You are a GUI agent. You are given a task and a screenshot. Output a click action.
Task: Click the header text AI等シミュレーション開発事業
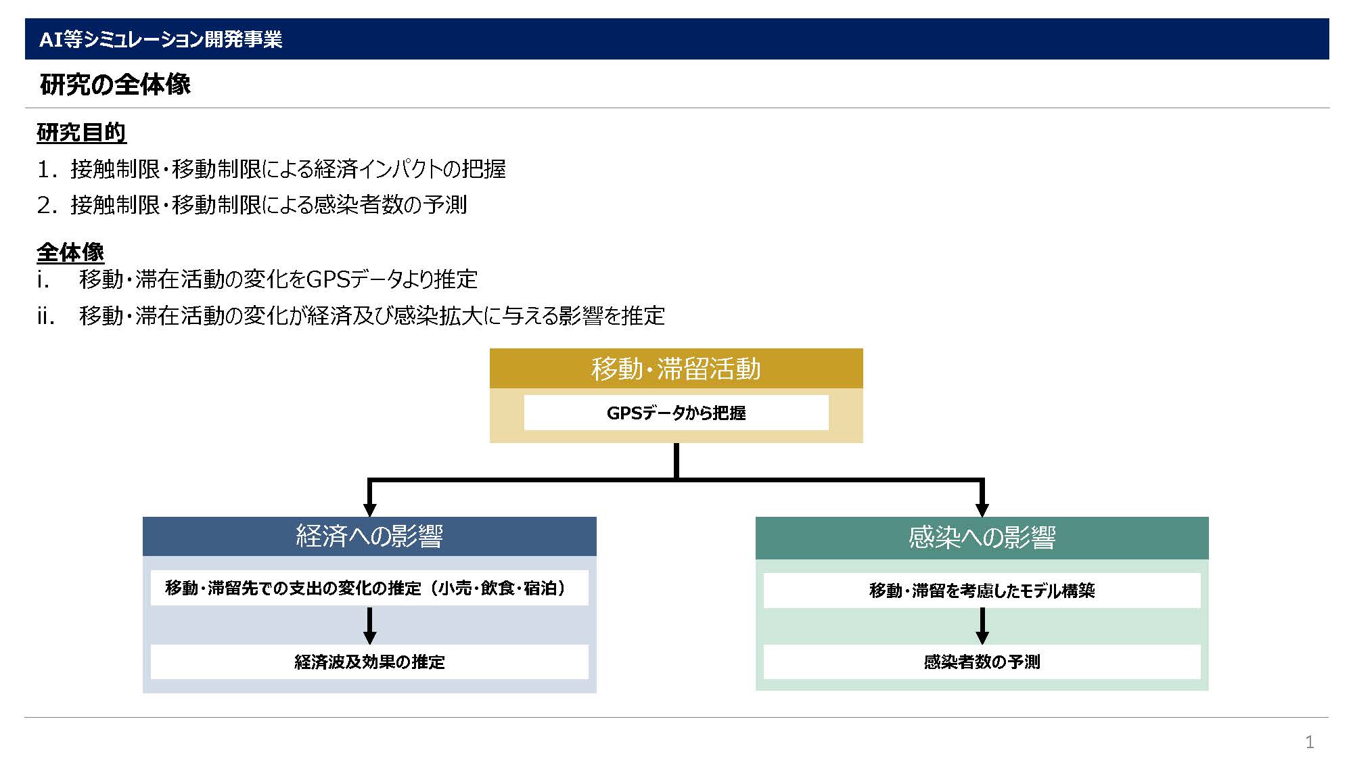pyautogui.click(x=161, y=39)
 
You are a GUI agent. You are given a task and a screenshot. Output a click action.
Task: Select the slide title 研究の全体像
pyautogui.click(x=115, y=85)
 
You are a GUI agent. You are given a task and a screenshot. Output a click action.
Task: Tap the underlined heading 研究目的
pyautogui.click(x=81, y=133)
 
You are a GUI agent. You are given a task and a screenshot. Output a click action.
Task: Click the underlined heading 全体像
pyautogui.click(x=70, y=252)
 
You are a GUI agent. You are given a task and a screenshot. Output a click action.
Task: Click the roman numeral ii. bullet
pyautogui.click(x=46, y=315)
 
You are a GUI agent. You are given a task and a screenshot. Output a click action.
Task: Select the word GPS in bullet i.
pyautogui.click(x=328, y=279)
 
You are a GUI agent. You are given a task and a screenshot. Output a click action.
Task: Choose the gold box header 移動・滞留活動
pyautogui.click(x=676, y=369)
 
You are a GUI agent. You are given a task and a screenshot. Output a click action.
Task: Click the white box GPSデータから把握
pyautogui.click(x=676, y=413)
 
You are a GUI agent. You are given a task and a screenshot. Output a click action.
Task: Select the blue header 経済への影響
pyautogui.click(x=369, y=536)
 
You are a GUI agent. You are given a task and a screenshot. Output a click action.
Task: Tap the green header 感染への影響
pyautogui.click(x=982, y=538)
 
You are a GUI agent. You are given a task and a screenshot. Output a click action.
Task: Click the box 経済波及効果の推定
pyautogui.click(x=369, y=662)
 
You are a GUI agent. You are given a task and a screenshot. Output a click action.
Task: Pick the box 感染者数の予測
pyautogui.click(x=982, y=662)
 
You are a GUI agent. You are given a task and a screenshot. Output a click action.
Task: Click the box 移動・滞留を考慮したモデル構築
pyautogui.click(x=982, y=591)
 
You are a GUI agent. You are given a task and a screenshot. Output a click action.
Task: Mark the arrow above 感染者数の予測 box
pyautogui.click(x=982, y=626)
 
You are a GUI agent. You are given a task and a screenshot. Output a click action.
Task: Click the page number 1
pyautogui.click(x=1310, y=742)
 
